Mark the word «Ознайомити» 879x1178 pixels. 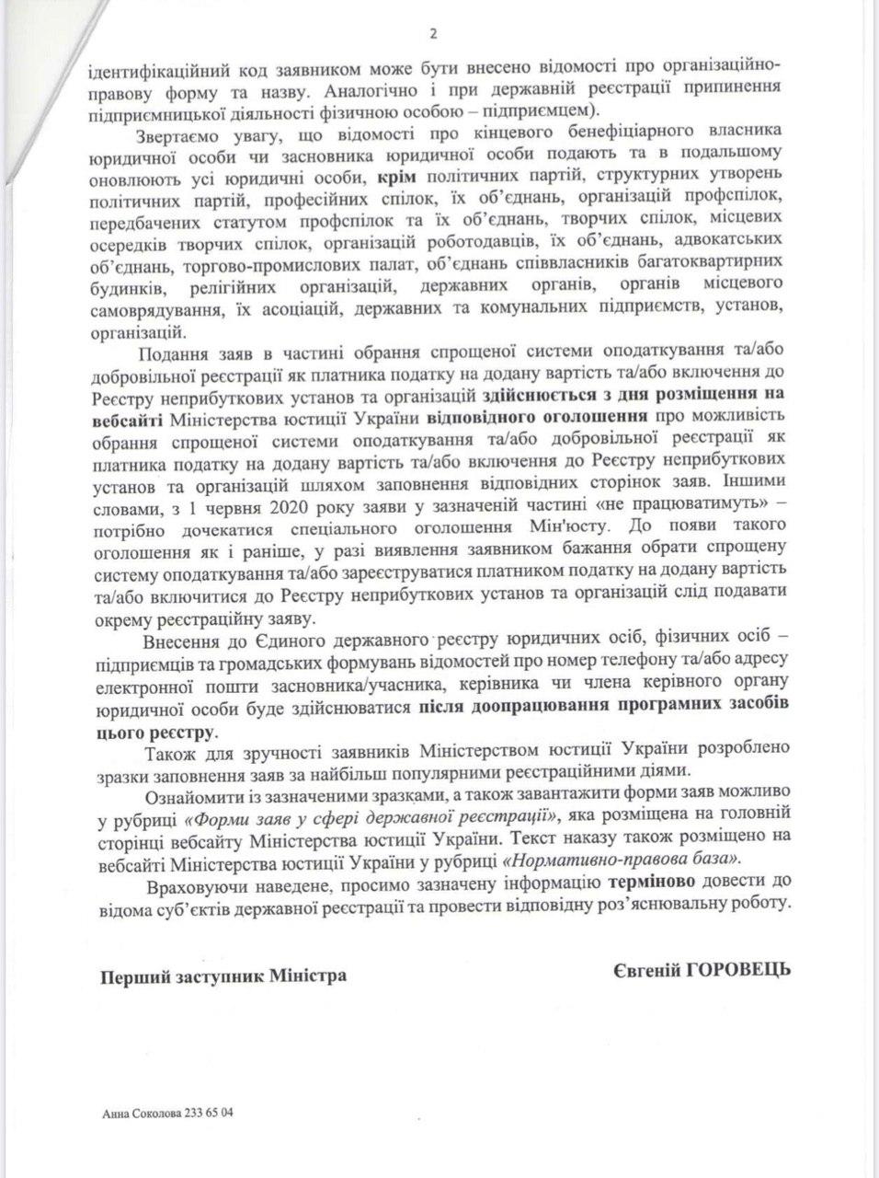(x=189, y=794)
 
